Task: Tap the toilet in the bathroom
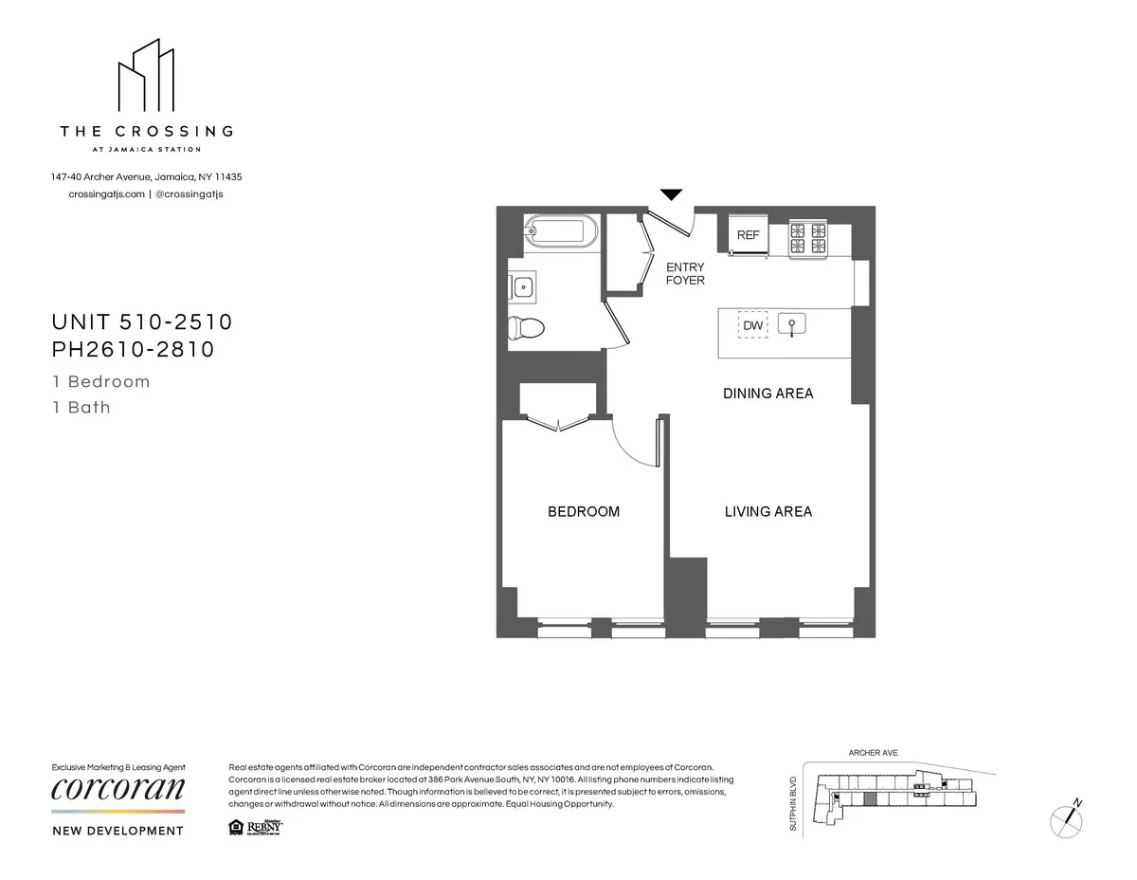(526, 328)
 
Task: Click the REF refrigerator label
(749, 234)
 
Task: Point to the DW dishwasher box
(753, 325)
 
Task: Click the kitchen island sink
(792, 325)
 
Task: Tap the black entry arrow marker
(671, 195)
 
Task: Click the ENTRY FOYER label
(685, 274)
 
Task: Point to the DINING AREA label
(767, 394)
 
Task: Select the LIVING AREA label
(767, 512)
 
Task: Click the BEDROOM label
(584, 512)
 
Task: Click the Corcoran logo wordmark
(117, 789)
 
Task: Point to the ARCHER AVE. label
(873, 753)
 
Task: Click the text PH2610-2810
(134, 350)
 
